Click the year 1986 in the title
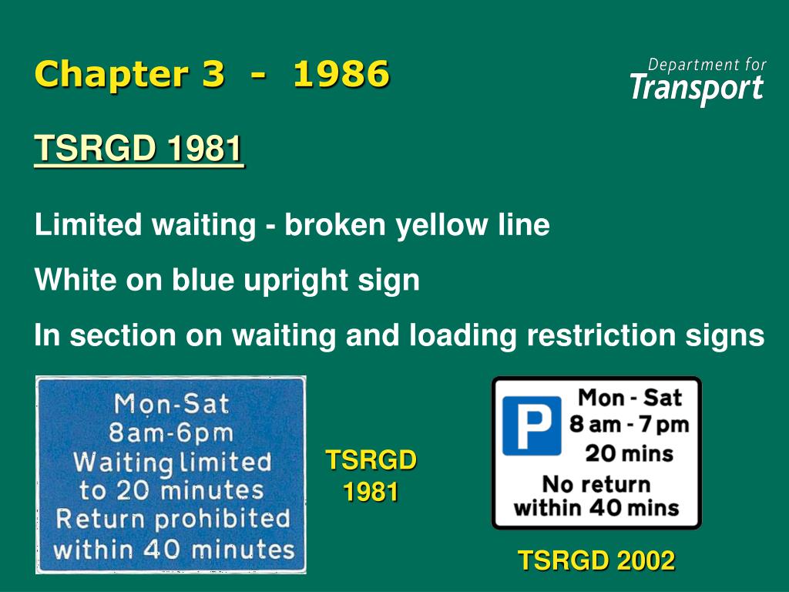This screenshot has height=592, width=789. [x=341, y=75]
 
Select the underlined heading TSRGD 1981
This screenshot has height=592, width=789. [x=139, y=149]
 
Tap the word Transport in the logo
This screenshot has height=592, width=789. [x=697, y=88]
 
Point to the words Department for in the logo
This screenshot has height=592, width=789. [x=707, y=64]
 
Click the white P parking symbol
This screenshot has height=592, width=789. [x=532, y=425]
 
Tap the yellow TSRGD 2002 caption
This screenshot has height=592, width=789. [x=596, y=560]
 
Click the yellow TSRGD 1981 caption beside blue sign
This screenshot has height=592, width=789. [x=371, y=476]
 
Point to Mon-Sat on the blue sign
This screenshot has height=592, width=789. [x=171, y=403]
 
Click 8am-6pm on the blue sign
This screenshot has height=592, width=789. [x=171, y=432]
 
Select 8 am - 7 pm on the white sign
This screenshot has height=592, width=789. [x=630, y=425]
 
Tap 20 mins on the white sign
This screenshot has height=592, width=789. [x=630, y=452]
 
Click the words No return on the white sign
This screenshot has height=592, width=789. [x=596, y=484]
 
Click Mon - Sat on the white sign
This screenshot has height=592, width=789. [x=630, y=398]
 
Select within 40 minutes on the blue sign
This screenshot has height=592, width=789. [x=174, y=549]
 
